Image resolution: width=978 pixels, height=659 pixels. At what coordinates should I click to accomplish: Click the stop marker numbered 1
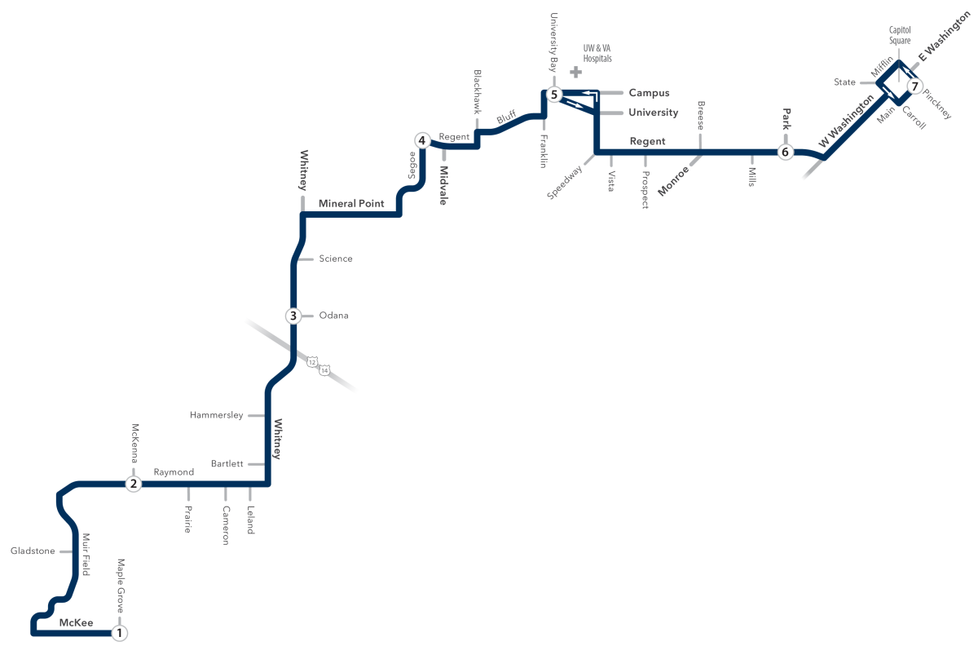pos(119,633)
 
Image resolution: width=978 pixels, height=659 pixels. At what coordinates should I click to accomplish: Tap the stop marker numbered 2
pos(134,484)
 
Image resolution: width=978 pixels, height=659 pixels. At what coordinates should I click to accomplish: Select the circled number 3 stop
pos(293,316)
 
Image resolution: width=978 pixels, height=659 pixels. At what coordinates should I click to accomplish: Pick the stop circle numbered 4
pos(422,140)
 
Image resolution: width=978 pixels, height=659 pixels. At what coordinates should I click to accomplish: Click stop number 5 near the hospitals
pos(554,94)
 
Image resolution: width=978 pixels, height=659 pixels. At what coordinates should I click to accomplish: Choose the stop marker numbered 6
pos(786,152)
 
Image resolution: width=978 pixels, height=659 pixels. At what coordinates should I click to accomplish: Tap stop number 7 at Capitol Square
pos(914,86)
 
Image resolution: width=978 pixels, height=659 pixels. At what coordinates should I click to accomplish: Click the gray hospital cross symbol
pos(576,72)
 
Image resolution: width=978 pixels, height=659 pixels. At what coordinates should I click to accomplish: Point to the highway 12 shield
pos(311,362)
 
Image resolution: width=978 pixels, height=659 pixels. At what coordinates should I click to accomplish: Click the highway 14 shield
pos(324,370)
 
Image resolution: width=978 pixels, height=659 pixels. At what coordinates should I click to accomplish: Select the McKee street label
pos(76,623)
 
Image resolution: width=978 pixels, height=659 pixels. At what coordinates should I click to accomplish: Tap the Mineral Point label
pos(351,203)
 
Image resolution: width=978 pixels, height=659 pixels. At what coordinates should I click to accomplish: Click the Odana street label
pos(333,316)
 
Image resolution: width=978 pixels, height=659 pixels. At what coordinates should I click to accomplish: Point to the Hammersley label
pos(217,415)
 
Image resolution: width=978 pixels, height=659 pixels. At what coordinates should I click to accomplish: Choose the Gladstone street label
pos(33,551)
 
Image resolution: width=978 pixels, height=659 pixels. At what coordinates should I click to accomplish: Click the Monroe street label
pos(673,181)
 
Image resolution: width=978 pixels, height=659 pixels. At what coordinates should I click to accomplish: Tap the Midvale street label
pos(443,186)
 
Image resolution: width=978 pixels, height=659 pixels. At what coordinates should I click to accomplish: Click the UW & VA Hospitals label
pos(597,53)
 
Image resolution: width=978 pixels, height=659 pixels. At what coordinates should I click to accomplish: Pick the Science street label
pos(336,259)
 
